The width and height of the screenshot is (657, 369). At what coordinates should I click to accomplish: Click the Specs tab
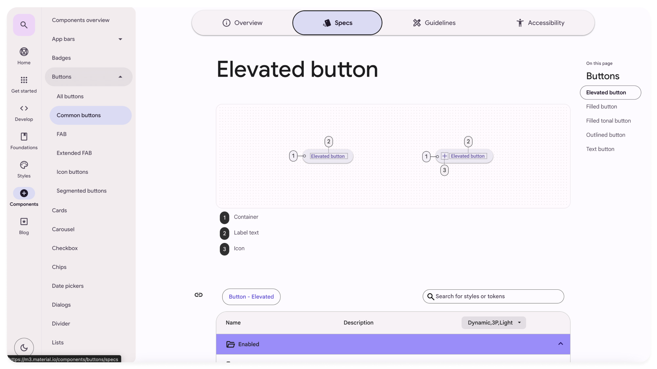coord(337,23)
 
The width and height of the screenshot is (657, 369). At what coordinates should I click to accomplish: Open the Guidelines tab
coord(434,23)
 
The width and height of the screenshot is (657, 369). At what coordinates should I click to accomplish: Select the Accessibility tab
coord(540,23)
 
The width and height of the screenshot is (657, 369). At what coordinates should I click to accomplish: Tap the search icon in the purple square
coord(24,25)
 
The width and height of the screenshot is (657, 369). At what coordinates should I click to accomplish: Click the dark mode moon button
coord(24,348)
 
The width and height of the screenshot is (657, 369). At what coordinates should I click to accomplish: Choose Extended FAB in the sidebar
coord(74,153)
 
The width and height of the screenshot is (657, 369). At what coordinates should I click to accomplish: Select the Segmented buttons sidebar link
coord(82,191)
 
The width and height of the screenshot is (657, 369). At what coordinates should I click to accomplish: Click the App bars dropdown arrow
coord(120,39)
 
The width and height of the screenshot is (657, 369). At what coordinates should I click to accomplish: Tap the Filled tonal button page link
coord(608,121)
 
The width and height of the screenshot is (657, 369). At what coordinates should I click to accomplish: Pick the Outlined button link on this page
coord(606,135)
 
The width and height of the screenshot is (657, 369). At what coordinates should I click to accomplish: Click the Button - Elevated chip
coord(251,297)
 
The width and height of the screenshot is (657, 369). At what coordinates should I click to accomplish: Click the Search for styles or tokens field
coord(493,296)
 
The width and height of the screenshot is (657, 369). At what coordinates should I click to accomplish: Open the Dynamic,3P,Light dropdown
coord(493,323)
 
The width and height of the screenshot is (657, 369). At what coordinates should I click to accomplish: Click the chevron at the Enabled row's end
coord(561,344)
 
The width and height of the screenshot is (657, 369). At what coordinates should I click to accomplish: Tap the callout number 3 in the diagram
coord(444,170)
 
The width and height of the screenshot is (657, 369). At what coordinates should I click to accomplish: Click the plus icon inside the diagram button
coord(444,156)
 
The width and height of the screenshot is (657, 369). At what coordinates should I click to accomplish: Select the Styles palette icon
coord(24,165)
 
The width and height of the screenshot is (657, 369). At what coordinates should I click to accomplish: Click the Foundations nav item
coord(24,141)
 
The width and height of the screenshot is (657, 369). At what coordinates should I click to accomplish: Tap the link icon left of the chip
coord(198,295)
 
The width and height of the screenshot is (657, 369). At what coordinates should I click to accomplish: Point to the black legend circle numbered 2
coord(224,233)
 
